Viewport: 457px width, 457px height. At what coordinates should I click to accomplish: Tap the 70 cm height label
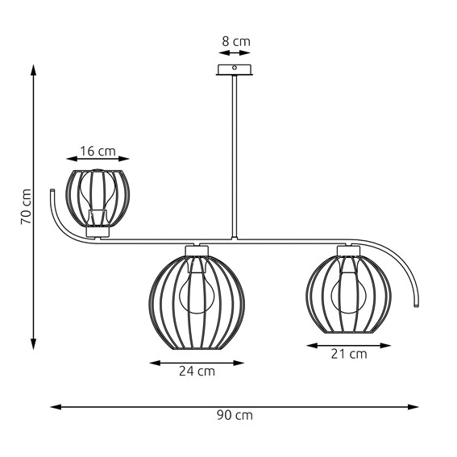[26, 206]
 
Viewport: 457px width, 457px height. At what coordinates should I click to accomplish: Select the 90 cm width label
[235, 416]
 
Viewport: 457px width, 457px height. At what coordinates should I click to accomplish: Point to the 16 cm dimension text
[98, 150]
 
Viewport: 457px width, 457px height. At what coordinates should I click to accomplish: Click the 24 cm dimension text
[196, 372]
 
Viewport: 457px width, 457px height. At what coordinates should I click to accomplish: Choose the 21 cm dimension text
[348, 353]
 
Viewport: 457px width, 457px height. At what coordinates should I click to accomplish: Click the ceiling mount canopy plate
[235, 69]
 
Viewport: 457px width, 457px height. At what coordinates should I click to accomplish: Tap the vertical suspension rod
[235, 153]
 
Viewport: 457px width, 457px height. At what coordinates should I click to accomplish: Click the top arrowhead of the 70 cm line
[34, 69]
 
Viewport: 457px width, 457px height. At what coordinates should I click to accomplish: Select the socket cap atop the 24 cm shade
[197, 249]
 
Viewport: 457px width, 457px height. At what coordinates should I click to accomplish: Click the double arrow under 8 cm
[234, 52]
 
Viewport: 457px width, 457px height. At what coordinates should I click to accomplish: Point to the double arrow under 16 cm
[98, 160]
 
